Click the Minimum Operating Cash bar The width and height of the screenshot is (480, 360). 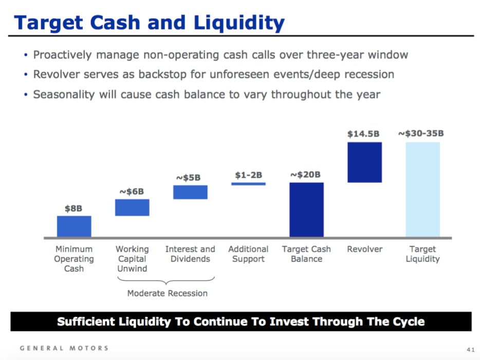(x=74, y=226)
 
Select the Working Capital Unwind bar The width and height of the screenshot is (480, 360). (x=132, y=207)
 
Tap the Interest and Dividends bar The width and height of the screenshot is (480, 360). (x=190, y=192)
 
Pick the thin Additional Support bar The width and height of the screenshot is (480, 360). (x=248, y=183)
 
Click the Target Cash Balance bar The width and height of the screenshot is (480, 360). (x=306, y=210)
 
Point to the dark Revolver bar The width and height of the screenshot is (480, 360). (x=364, y=162)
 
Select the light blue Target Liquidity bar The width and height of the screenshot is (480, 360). (x=422, y=189)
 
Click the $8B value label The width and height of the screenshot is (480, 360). (x=73, y=209)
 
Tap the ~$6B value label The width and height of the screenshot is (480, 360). (x=132, y=192)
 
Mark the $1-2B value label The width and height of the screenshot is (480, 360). (x=248, y=175)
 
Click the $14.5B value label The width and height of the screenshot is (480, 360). (x=363, y=134)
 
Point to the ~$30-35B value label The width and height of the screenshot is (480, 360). (x=421, y=134)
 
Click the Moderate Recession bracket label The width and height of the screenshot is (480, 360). (x=168, y=293)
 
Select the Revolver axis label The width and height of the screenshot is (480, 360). (x=365, y=249)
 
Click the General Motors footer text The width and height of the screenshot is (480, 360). (x=64, y=348)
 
